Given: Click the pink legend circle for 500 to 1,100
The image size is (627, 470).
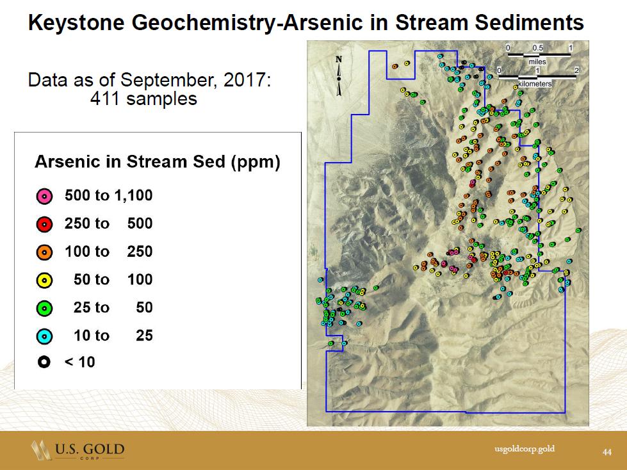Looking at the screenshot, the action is pyautogui.click(x=44, y=196).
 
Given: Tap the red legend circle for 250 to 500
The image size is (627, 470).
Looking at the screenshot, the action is pyautogui.click(x=44, y=225).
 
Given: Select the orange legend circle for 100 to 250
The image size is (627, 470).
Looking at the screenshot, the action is pyautogui.click(x=44, y=252).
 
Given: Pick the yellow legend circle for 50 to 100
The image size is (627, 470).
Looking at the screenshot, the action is pyautogui.click(x=44, y=280).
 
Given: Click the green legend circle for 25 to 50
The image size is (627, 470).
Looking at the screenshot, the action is pyautogui.click(x=44, y=309).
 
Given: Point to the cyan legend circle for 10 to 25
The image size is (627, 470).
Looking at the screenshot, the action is pyautogui.click(x=44, y=337).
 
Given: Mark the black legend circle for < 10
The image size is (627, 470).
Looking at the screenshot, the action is pyautogui.click(x=44, y=362).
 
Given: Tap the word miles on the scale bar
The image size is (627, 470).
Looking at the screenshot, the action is pyautogui.click(x=537, y=62).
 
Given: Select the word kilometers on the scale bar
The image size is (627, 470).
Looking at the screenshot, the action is pyautogui.click(x=535, y=84).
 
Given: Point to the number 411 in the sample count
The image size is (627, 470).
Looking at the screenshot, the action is pyautogui.click(x=105, y=99).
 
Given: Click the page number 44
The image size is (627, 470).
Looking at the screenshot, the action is pyautogui.click(x=607, y=452).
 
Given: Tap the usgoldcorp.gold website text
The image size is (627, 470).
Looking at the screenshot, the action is pyautogui.click(x=525, y=449).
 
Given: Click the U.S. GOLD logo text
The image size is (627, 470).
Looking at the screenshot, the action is pyautogui.click(x=90, y=449).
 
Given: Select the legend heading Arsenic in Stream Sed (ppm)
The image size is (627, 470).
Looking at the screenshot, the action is pyautogui.click(x=158, y=162).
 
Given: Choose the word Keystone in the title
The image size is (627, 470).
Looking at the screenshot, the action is pyautogui.click(x=76, y=23).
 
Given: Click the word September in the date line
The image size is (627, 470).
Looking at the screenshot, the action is pyautogui.click(x=170, y=80).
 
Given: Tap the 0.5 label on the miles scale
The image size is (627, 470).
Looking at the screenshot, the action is pyautogui.click(x=537, y=48).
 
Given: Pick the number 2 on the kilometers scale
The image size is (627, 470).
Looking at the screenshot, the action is pyautogui.click(x=576, y=70).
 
